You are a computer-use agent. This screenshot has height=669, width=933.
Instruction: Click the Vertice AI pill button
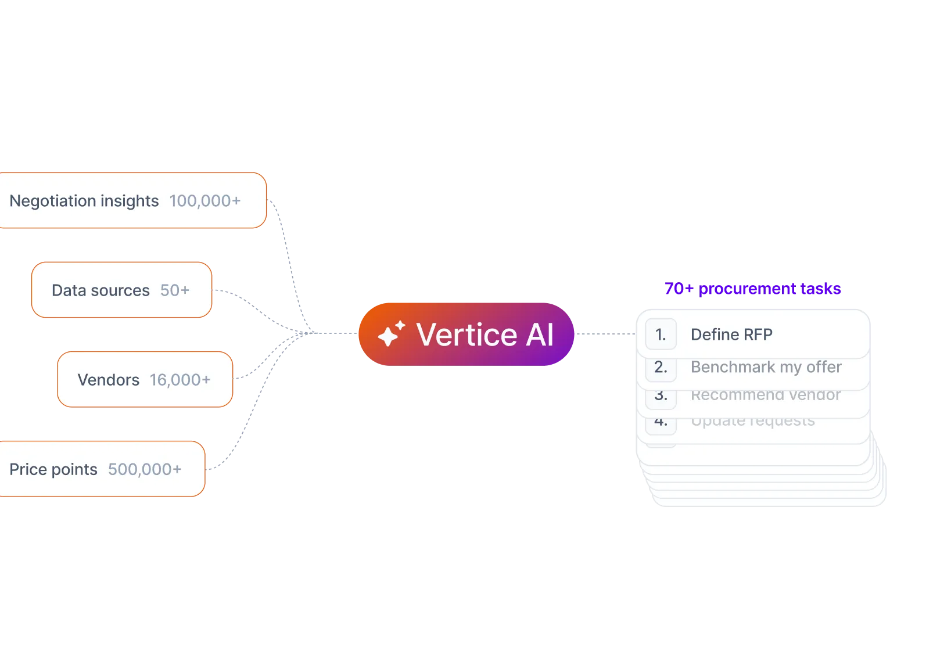(x=466, y=334)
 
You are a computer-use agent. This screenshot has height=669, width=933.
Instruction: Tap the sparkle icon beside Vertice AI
(x=391, y=334)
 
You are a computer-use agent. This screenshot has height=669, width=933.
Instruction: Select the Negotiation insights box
(x=132, y=200)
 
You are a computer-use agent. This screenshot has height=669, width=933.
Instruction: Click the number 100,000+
(x=204, y=201)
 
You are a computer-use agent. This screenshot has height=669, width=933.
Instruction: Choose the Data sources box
(x=121, y=290)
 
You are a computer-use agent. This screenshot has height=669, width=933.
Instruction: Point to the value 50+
(x=175, y=290)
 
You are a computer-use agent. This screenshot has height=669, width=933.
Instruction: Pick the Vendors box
(x=145, y=379)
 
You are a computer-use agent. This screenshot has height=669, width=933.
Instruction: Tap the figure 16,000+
(x=180, y=380)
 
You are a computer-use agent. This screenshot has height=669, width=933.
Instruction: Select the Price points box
(x=102, y=469)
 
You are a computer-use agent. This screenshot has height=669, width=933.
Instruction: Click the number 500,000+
(x=145, y=469)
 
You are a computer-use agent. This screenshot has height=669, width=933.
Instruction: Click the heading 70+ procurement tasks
(x=752, y=289)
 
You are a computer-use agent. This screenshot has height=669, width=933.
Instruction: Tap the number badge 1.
(x=661, y=334)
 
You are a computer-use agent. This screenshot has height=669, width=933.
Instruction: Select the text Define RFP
(x=731, y=334)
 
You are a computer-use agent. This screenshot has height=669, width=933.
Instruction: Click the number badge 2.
(x=661, y=367)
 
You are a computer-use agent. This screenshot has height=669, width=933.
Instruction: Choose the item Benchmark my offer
(x=766, y=367)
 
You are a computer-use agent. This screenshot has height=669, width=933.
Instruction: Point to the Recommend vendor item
(x=765, y=395)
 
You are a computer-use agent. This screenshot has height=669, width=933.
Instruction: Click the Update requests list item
(x=752, y=421)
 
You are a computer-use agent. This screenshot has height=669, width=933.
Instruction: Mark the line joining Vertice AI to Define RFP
(x=605, y=332)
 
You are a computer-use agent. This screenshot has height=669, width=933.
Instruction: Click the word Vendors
(x=109, y=380)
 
